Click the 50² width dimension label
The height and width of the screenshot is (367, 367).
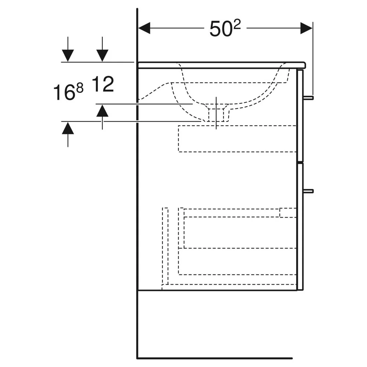click(225, 28)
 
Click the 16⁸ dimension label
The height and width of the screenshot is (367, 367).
click(68, 92)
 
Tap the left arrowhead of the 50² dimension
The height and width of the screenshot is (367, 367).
click(144, 28)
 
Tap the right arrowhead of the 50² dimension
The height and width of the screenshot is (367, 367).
click(306, 28)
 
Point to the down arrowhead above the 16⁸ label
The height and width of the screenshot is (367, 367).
click(68, 56)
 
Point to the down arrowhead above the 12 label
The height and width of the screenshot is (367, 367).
click(102, 56)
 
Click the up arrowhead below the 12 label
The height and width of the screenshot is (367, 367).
click(102, 110)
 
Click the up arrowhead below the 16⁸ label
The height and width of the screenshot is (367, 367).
click(68, 128)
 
